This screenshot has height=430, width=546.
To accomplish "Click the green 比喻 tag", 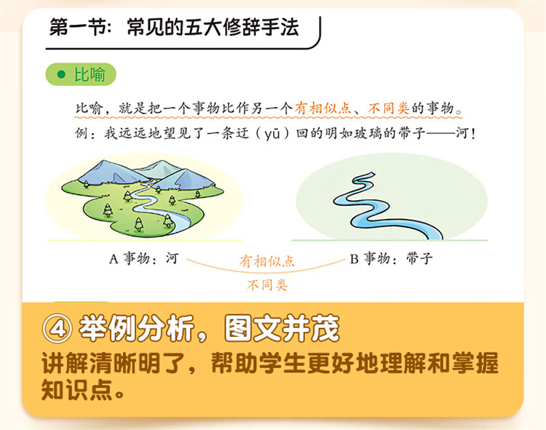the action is click(81, 74).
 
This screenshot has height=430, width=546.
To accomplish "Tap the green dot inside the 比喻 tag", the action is click(61, 74).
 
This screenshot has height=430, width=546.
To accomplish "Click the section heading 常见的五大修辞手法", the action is click(213, 27).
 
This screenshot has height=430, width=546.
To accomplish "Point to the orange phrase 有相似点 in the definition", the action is click(323, 108).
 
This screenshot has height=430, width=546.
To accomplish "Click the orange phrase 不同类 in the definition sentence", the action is click(389, 108).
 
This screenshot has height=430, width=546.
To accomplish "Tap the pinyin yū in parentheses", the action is click(272, 133).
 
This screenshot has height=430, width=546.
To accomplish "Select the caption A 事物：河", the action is click(144, 258).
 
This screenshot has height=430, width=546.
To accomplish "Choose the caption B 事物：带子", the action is click(392, 258).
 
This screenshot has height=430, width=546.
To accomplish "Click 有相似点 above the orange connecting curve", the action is click(267, 261).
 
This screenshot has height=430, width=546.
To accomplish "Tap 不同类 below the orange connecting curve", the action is click(267, 285).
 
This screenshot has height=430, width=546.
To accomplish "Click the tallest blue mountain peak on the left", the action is click(104, 163).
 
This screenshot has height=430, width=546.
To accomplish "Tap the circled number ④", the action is click(58, 328).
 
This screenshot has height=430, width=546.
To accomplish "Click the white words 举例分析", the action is click(137, 328).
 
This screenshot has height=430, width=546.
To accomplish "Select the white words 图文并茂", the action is click(282, 328).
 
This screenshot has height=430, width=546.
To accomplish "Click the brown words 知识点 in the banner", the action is click(77, 389).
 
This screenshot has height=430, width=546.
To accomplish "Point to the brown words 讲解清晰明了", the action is click(114, 363).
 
